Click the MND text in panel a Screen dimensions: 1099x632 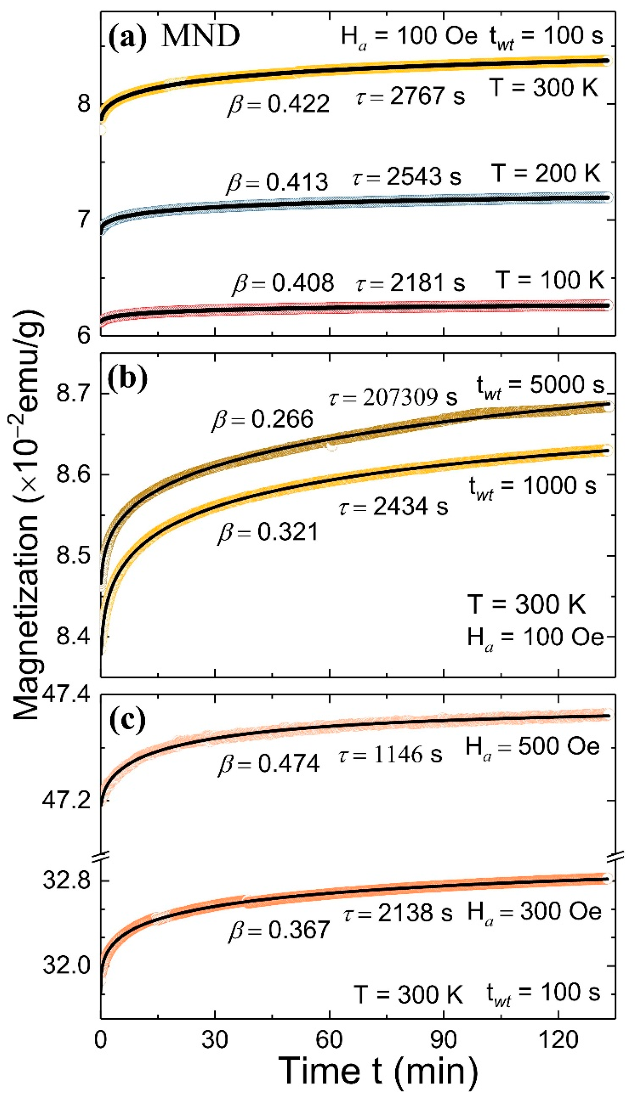pyautogui.click(x=200, y=36)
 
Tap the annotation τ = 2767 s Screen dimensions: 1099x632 pyautogui.click(x=410, y=97)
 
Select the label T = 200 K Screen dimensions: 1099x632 pyautogui.click(x=545, y=173)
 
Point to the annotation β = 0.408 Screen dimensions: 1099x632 pyautogui.click(x=283, y=283)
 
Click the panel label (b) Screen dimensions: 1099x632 pyautogui.click(x=128, y=378)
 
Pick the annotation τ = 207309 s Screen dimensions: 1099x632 pyautogui.click(x=393, y=397)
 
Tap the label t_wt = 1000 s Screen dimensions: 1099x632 pyautogui.click(x=533, y=486)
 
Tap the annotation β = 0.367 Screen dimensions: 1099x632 pyautogui.click(x=279, y=930)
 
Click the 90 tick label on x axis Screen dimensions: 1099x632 pyautogui.click(x=443, y=1040)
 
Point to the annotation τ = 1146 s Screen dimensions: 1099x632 pyautogui.click(x=390, y=754)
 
